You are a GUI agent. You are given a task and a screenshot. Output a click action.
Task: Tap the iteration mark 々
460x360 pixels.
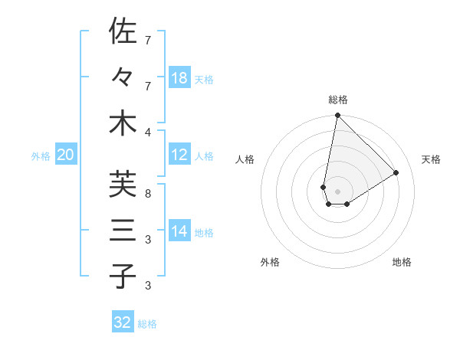[x=123, y=77]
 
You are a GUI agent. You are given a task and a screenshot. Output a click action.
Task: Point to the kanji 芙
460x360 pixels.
[x=123, y=184]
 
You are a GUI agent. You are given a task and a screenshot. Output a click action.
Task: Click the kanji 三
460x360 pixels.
[x=123, y=230]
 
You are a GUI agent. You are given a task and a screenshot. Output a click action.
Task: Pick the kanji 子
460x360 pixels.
[x=123, y=276]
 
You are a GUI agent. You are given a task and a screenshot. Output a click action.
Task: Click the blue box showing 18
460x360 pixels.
[x=179, y=78]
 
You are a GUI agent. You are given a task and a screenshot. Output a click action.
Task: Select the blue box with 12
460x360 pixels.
[x=179, y=155]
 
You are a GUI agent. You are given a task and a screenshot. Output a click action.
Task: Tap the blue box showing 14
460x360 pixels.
[x=179, y=231]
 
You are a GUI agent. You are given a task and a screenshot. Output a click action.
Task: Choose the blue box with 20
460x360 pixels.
[x=66, y=155]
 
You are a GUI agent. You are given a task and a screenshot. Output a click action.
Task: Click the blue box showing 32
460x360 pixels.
[x=123, y=322]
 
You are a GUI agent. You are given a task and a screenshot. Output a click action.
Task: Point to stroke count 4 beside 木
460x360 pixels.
[x=148, y=132]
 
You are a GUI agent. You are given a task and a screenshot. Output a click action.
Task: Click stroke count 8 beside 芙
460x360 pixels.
[x=148, y=193]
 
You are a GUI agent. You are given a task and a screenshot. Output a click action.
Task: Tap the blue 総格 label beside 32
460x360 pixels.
[x=147, y=324]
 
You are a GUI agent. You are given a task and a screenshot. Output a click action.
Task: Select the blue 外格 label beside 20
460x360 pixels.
[x=41, y=156]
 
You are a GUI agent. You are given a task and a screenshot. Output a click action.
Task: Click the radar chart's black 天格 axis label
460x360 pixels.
[x=431, y=159]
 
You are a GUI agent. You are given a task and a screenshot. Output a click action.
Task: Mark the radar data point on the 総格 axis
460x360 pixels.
[x=337, y=116]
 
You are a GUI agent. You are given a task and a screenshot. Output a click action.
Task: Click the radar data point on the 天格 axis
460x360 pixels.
[x=396, y=172]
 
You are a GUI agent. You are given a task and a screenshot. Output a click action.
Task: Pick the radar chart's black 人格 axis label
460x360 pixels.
[x=245, y=159]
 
